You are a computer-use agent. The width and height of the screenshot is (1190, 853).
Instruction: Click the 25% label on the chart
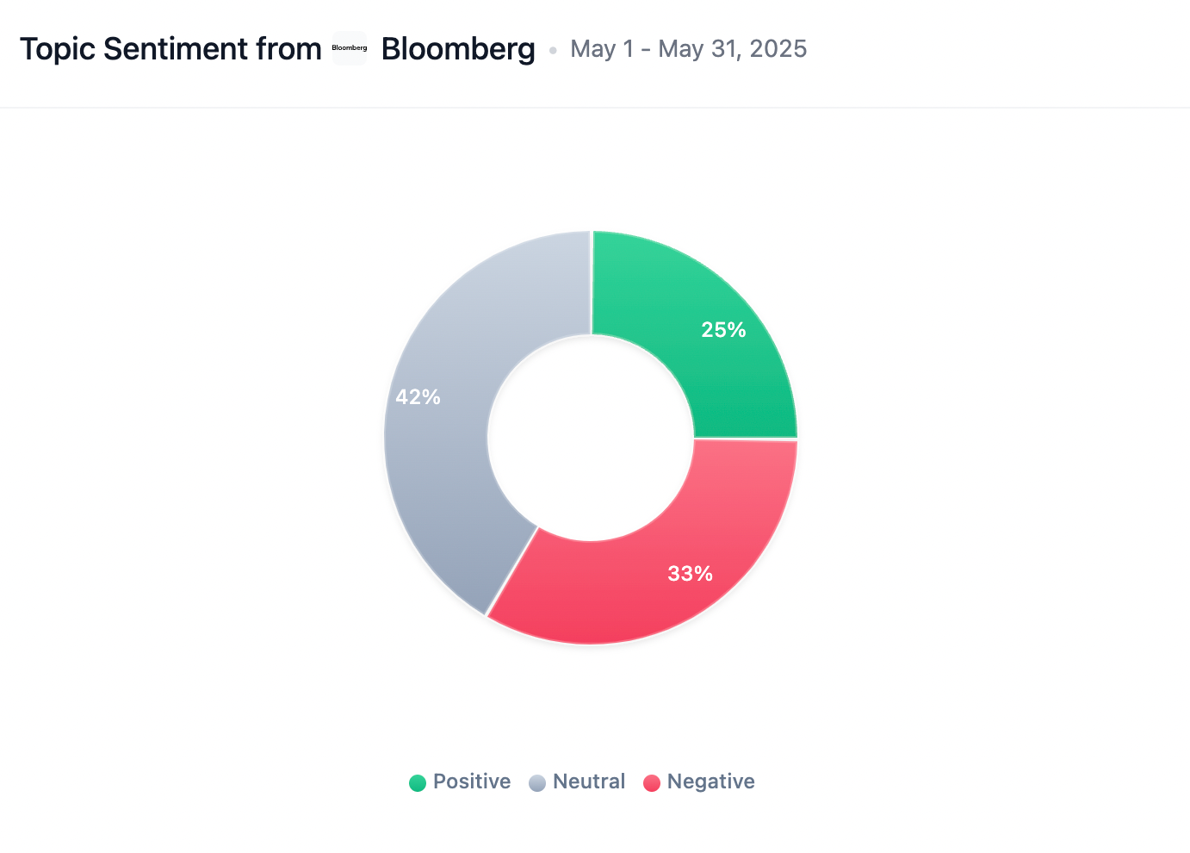pyautogui.click(x=723, y=330)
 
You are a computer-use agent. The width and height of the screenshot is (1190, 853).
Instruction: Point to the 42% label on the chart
pyautogui.click(x=418, y=397)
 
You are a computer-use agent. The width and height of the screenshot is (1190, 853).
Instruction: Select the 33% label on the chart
pyautogui.click(x=691, y=574)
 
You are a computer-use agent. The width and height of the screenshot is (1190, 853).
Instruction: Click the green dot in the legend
pyautogui.click(x=418, y=782)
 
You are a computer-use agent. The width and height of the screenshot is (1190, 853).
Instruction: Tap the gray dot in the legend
pyautogui.click(x=537, y=782)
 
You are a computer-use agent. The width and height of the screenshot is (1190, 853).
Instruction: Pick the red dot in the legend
pyautogui.click(x=652, y=782)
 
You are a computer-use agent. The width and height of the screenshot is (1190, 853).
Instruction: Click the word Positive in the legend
pyautogui.click(x=472, y=781)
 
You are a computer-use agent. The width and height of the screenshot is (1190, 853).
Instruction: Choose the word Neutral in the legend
pyautogui.click(x=589, y=781)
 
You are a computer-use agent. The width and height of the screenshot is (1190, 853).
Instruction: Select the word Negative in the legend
pyautogui.click(x=711, y=781)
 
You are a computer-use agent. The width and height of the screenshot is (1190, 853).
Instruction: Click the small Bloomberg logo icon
pyautogui.click(x=350, y=48)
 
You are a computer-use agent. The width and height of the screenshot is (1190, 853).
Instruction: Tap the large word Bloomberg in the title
pyautogui.click(x=458, y=49)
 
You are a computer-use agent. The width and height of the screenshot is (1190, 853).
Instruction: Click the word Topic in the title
pyautogui.click(x=57, y=49)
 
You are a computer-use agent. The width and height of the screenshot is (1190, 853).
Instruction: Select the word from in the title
pyautogui.click(x=288, y=49)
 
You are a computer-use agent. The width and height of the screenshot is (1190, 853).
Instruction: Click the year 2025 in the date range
pyautogui.click(x=778, y=49)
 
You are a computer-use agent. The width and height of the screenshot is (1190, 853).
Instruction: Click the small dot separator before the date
pyautogui.click(x=553, y=50)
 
